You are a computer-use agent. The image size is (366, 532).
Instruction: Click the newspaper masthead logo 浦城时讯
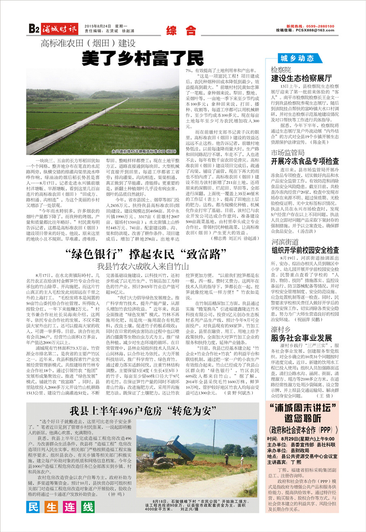tap(60, 28)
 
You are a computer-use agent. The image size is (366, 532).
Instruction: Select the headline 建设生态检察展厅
tap(301, 78)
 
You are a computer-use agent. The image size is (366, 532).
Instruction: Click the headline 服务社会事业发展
tap(302, 338)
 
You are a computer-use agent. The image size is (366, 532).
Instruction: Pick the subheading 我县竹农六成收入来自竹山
tap(143, 267)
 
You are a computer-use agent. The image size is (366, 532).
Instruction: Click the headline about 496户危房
tap(142, 409)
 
